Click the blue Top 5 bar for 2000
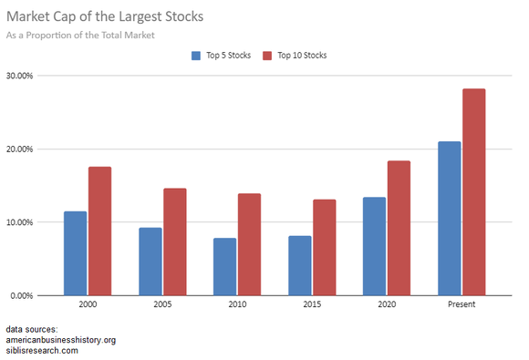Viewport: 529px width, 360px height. pos(76,253)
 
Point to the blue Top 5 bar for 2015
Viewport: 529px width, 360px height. pos(300,265)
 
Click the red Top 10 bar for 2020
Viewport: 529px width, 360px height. pos(399,228)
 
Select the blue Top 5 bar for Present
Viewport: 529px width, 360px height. pos(450,219)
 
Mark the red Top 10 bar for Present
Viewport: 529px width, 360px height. pos(473,192)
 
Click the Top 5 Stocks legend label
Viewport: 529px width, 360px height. pos(229,56)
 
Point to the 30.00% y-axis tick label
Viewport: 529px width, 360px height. pos(19,76)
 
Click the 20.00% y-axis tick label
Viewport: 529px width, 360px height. pos(19,149)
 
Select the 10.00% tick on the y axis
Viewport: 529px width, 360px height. pos(19,222)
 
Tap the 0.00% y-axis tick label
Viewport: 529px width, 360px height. pos(22,295)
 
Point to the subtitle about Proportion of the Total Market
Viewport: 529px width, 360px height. pos(80,35)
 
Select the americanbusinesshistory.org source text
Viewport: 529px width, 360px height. pos(60,340)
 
